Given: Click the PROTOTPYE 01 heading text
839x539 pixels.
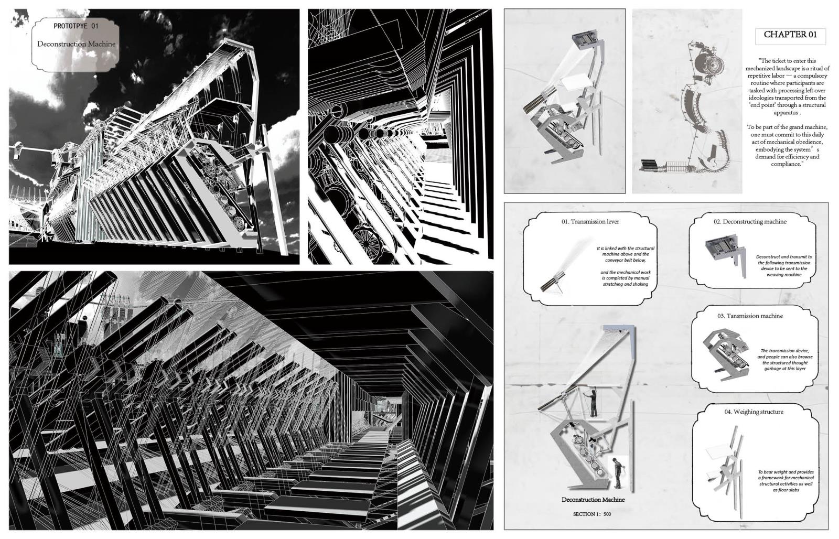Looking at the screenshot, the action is pyautogui.click(x=76, y=26).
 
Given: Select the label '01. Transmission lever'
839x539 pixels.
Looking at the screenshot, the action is pyautogui.click(x=590, y=222).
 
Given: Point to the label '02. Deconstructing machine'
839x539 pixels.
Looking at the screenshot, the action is pyautogui.click(x=755, y=222).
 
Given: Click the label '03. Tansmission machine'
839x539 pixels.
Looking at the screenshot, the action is pyautogui.click(x=750, y=316).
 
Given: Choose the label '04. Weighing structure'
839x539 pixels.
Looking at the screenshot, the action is pyautogui.click(x=754, y=412).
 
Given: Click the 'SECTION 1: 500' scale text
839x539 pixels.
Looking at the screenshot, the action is pyautogui.click(x=592, y=514).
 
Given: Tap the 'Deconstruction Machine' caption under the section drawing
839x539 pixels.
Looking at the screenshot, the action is pyautogui.click(x=593, y=500).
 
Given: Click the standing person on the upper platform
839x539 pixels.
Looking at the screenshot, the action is pyautogui.click(x=593, y=403).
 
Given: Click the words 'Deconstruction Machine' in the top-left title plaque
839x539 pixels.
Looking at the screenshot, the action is pyautogui.click(x=77, y=44).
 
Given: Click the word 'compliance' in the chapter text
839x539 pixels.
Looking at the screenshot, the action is pyautogui.click(x=786, y=164).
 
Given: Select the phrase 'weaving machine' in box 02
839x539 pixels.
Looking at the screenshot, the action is pyautogui.click(x=784, y=275).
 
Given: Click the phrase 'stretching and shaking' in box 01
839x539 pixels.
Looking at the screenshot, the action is pyautogui.click(x=626, y=284).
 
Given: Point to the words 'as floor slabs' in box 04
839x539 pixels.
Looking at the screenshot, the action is pyautogui.click(x=786, y=490).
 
